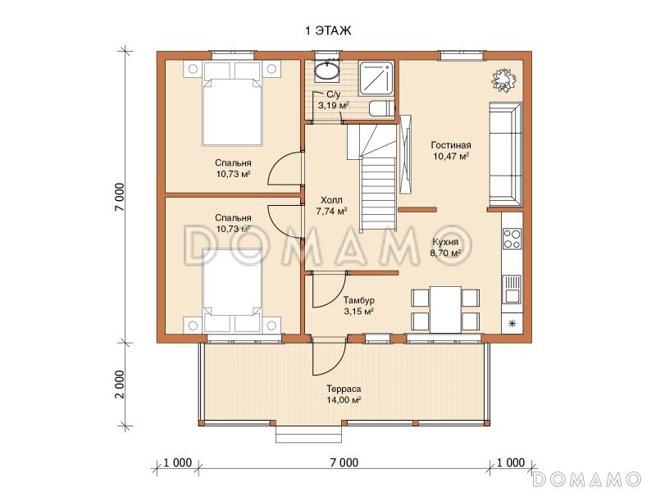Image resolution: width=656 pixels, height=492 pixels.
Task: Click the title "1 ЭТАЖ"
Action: [329, 30]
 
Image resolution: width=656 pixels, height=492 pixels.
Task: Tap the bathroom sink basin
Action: [326, 71]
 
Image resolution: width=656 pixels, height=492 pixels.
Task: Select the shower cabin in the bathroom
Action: [376, 77]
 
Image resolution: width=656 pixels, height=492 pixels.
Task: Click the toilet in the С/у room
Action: [381, 108]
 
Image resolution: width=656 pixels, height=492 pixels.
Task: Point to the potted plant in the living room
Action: [503, 79]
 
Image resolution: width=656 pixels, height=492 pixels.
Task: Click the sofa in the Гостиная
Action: [505, 154]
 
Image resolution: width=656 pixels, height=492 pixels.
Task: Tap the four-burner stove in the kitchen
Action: [512, 239]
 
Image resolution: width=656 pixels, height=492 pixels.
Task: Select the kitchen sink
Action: [511, 289]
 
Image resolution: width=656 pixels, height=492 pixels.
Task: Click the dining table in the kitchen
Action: [445, 309]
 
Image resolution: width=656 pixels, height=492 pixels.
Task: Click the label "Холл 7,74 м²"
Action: [331, 206]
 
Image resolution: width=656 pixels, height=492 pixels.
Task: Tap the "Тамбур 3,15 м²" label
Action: [358, 306]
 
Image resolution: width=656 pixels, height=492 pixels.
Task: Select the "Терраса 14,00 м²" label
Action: [344, 394]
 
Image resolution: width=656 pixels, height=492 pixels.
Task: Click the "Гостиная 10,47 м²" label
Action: [450, 151]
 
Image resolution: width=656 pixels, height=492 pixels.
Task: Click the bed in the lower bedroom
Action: [232, 290]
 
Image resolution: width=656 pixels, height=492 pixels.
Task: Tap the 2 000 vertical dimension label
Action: [120, 385]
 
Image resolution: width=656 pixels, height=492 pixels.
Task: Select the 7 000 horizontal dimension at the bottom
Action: [344, 462]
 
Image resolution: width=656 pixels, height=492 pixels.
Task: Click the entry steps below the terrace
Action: [310, 434]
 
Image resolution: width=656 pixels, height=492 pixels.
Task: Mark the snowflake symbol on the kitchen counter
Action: [512, 323]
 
